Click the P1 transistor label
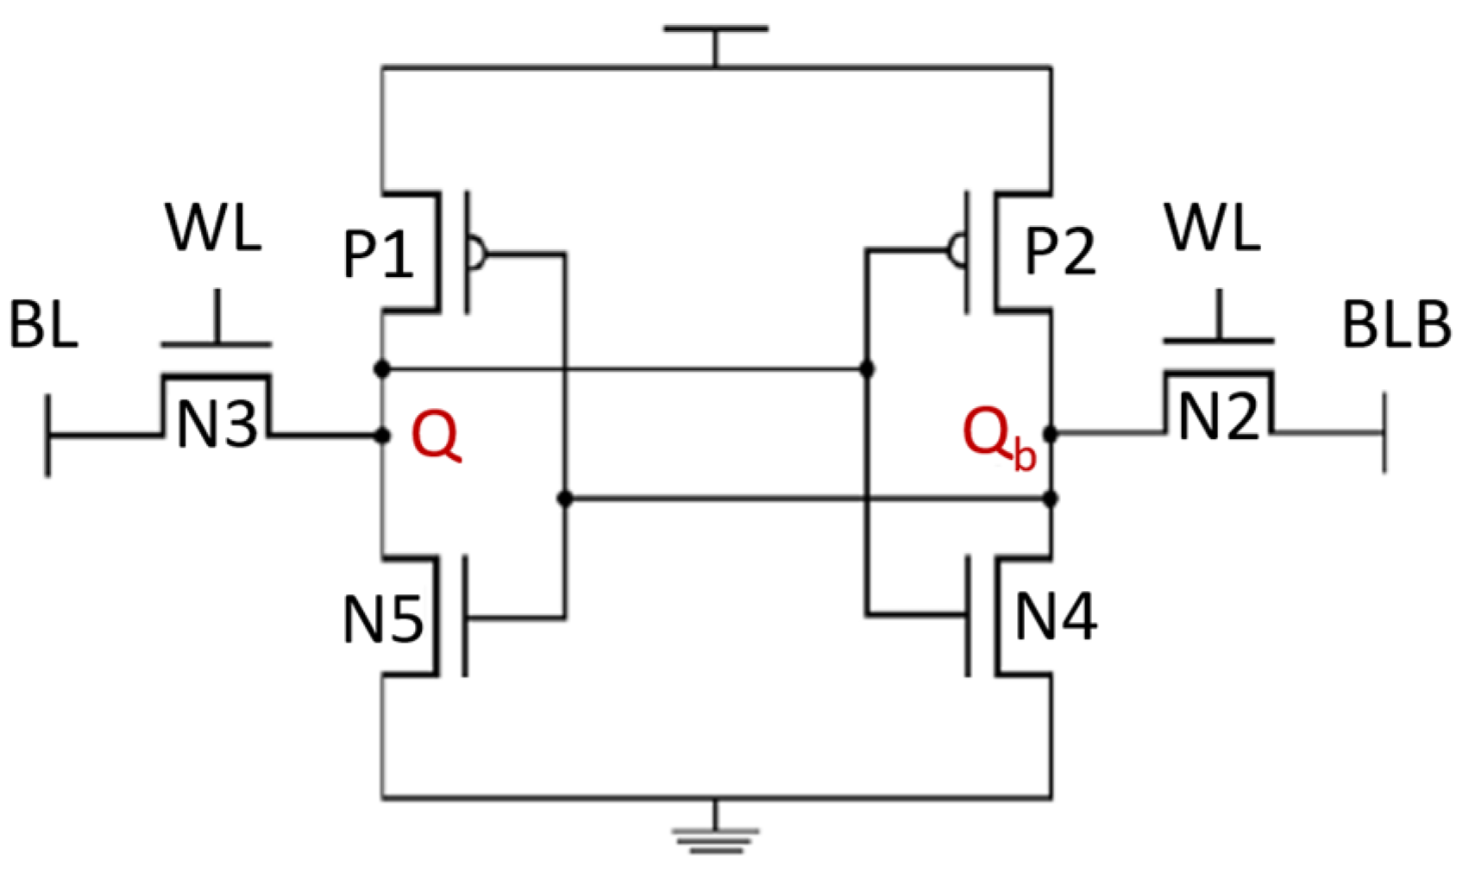click(378, 254)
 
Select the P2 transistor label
click(1060, 252)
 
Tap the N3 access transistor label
click(217, 425)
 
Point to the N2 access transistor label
click(1218, 418)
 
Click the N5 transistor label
click(383, 620)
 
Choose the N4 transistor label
click(1056, 617)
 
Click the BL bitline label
click(43, 325)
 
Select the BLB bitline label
click(1396, 326)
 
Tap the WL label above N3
click(213, 229)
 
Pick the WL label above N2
click(1212, 229)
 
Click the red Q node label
click(436, 436)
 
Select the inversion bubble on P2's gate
click(956, 251)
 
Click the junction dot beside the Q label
click(383, 436)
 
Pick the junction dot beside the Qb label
click(1050, 433)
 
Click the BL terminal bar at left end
click(48, 436)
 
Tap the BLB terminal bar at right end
click(1385, 433)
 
